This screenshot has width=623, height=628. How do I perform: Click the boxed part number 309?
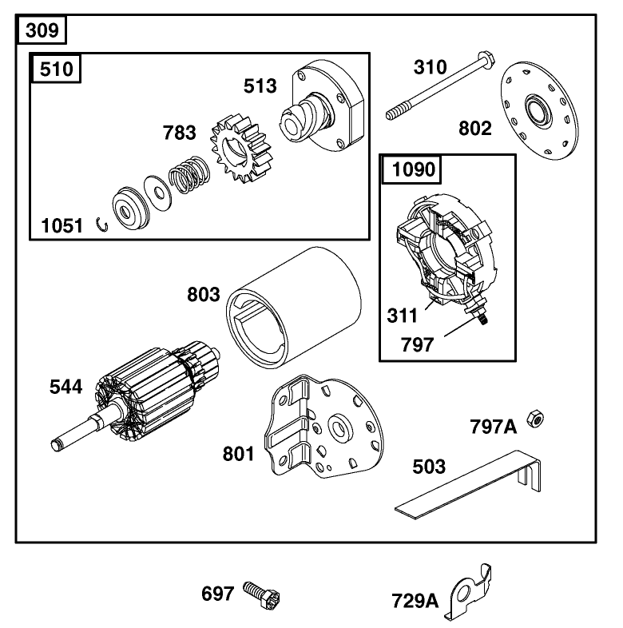point(42,31)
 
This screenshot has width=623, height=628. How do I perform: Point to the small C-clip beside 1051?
point(102,225)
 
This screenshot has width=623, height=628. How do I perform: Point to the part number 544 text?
point(65,387)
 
